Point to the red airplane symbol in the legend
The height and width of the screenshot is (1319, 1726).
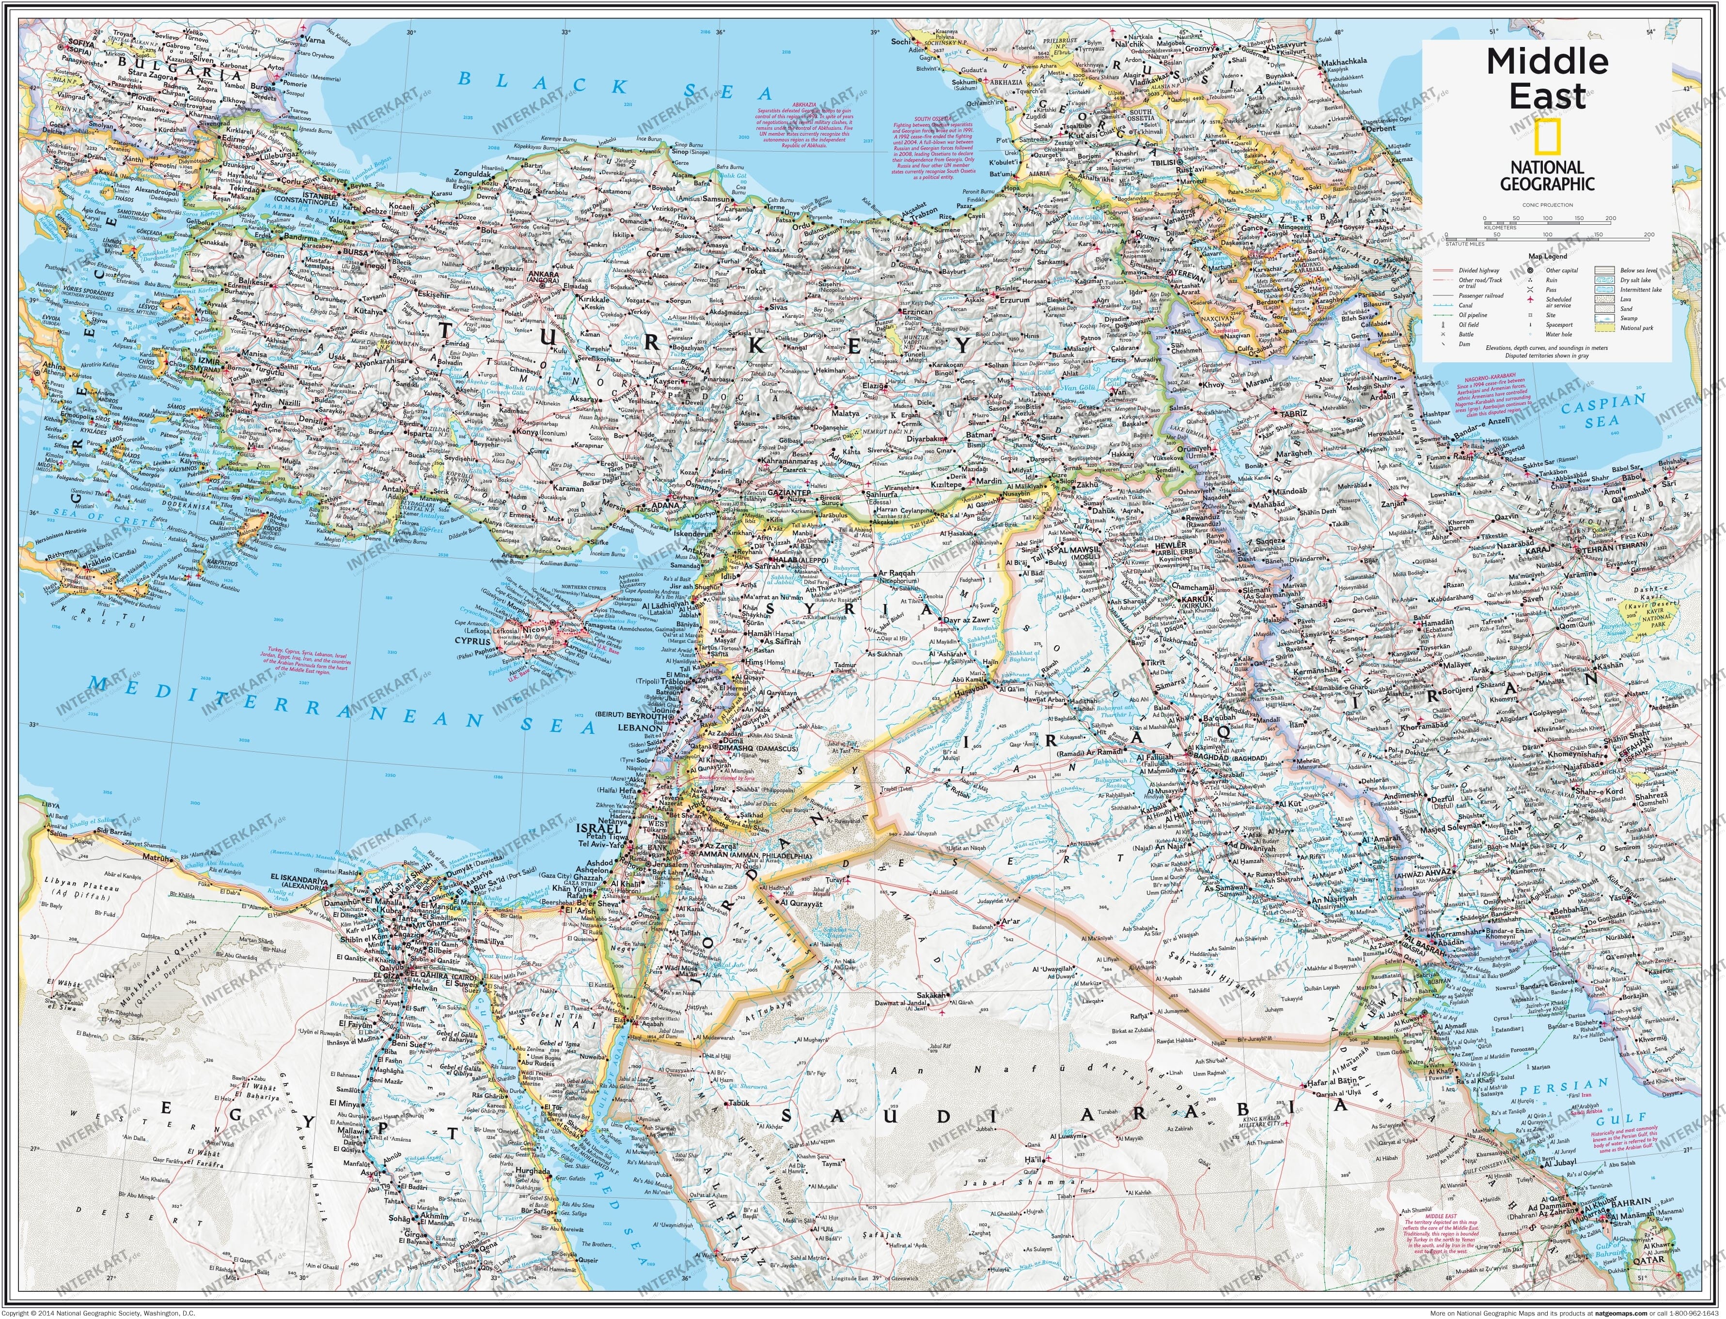point(1530,300)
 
